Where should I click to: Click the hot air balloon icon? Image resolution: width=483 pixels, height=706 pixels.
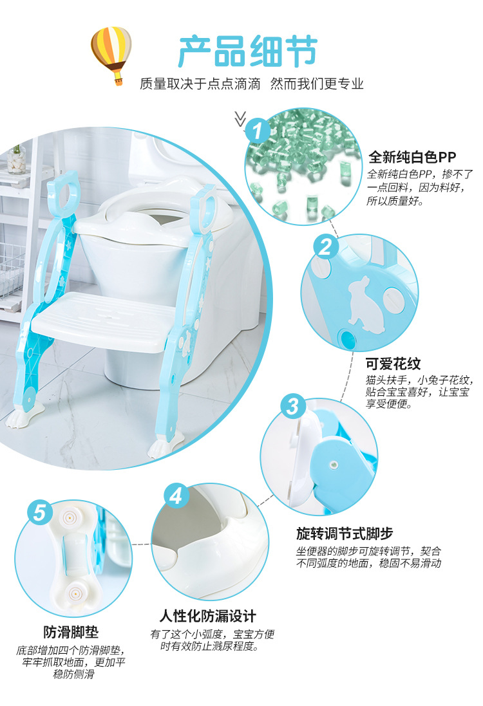coord(111,54)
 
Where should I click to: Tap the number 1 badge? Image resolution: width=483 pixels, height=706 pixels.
coord(258,132)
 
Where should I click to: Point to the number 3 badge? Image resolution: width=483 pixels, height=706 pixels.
coord(292,407)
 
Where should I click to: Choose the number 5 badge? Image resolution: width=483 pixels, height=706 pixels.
coord(40,513)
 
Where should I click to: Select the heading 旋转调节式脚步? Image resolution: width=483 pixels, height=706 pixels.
coord(345,534)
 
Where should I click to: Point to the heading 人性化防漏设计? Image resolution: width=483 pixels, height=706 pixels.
coord(208,615)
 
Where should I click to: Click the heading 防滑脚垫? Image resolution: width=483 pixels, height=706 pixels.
coord(71,632)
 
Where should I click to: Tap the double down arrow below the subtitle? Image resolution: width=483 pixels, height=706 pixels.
coord(240,118)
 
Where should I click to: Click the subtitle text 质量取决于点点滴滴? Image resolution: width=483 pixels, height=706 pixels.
coord(200,84)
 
